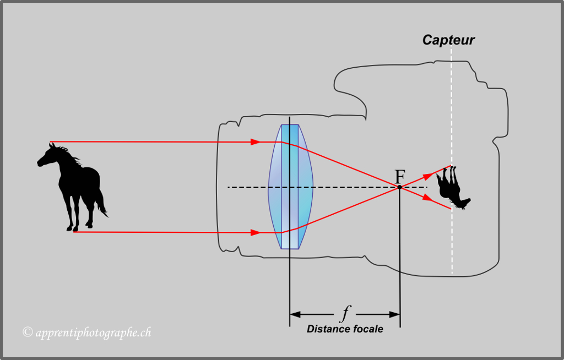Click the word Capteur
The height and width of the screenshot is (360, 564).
(x=448, y=40)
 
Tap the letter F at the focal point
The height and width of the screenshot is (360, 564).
(x=400, y=176)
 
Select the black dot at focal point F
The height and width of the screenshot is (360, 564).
(x=400, y=187)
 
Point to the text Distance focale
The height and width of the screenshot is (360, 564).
(x=345, y=329)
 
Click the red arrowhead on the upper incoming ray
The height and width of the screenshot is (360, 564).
(x=255, y=142)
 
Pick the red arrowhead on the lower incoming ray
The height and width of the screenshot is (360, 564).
(x=255, y=232)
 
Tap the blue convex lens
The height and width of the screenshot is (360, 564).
(x=291, y=187)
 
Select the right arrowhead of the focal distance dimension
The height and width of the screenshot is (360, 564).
(x=394, y=314)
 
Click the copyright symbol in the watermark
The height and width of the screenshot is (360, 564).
(x=27, y=331)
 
